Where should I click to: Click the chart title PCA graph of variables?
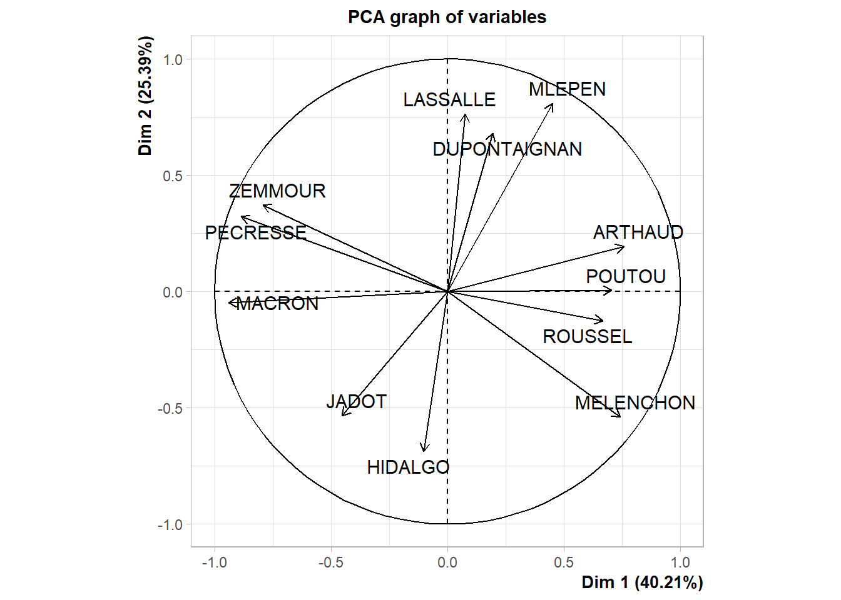click(x=447, y=17)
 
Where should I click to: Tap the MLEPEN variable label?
click(x=567, y=89)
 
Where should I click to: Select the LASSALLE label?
click(x=449, y=100)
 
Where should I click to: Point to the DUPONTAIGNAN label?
click(x=507, y=149)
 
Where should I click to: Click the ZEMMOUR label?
click(x=277, y=191)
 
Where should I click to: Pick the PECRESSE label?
click(x=256, y=233)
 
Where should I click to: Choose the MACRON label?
click(x=278, y=304)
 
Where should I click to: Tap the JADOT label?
click(x=357, y=401)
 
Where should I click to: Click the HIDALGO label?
click(x=408, y=467)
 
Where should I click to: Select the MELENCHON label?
click(x=635, y=403)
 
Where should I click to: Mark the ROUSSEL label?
click(x=587, y=337)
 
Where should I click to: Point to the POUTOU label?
click(x=626, y=277)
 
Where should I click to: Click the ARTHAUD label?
click(x=638, y=232)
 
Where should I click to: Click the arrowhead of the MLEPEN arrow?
click(x=553, y=104)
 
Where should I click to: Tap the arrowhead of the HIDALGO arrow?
click(x=424, y=450)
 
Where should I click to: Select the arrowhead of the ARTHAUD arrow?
click(x=623, y=247)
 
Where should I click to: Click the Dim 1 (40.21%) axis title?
click(x=642, y=582)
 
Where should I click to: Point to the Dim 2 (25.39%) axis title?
click(x=146, y=96)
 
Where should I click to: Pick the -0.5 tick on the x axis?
click(x=330, y=562)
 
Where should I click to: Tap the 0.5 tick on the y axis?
click(x=173, y=176)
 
